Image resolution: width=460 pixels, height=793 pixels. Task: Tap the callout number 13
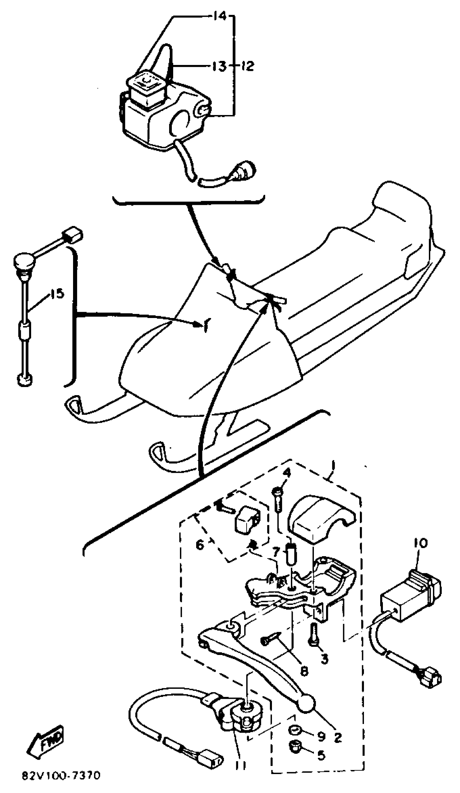[x=219, y=66]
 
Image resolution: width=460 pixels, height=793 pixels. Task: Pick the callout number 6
[x=200, y=544]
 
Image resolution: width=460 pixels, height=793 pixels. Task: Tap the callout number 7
[x=276, y=551]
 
